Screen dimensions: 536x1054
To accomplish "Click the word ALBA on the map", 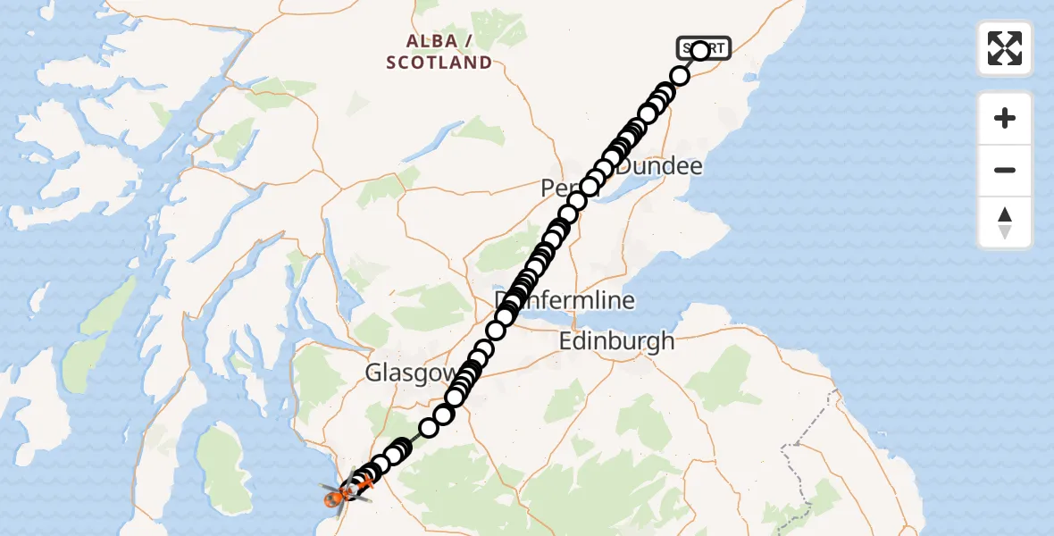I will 425,41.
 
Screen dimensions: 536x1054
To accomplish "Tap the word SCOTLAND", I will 439,63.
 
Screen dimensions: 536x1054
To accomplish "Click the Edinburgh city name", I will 616,340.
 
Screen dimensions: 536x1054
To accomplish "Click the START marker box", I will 706,47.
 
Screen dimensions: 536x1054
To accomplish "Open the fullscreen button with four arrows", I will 1005,48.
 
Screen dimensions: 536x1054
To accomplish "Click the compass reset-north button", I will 1005,222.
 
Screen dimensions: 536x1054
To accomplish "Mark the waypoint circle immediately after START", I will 680,75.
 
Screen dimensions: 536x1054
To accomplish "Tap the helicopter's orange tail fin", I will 364,483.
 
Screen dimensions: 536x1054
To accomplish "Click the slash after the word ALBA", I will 467,41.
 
